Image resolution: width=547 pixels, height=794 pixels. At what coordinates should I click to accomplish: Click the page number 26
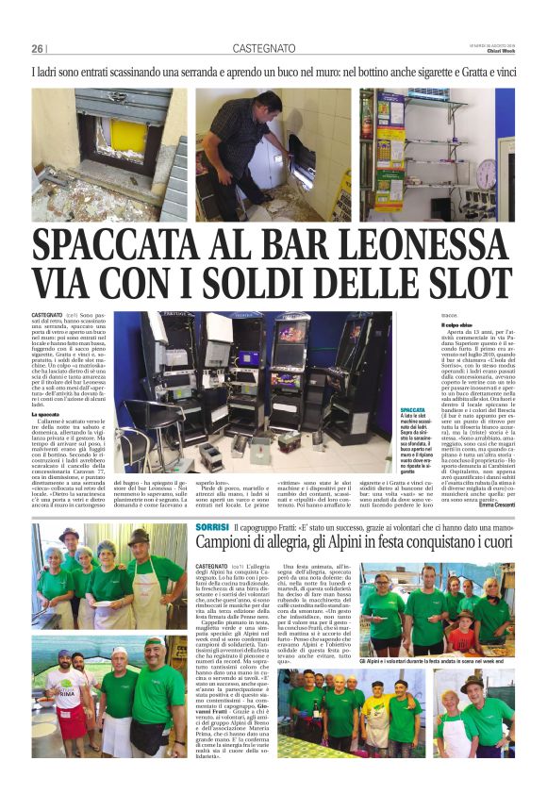pos(37,48)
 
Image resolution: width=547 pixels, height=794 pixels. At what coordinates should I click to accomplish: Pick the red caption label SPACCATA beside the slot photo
pos(413,409)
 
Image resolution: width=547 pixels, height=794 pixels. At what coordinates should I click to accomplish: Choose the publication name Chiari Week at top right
pos(499,52)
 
